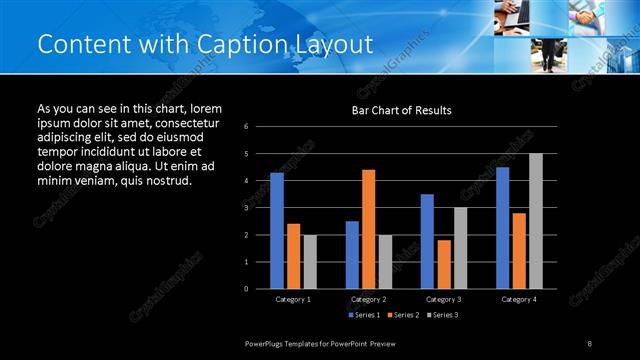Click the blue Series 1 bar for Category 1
point(277,231)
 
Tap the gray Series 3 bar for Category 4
point(536,221)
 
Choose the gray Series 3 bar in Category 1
point(310,262)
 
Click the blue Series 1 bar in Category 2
point(352,255)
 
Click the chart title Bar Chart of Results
point(401,110)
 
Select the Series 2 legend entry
point(404,315)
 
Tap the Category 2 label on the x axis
point(368,299)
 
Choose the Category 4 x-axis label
point(518,299)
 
